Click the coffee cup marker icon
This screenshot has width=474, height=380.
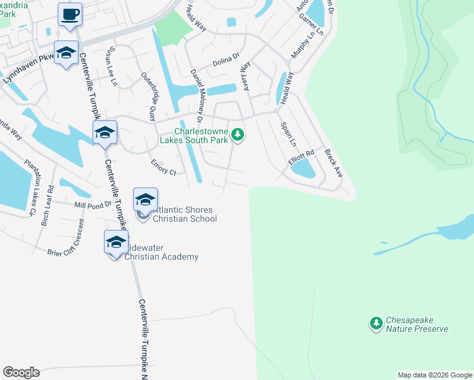(70, 14)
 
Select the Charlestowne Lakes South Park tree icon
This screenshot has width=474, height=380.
(238, 134)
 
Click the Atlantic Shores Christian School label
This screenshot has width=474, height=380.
(179, 214)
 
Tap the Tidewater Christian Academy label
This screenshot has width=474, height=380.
(161, 252)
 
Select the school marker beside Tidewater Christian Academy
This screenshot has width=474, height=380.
(116, 243)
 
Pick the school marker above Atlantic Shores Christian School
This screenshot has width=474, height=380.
(145, 199)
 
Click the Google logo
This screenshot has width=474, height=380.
(21, 372)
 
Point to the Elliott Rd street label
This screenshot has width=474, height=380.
(302, 158)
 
